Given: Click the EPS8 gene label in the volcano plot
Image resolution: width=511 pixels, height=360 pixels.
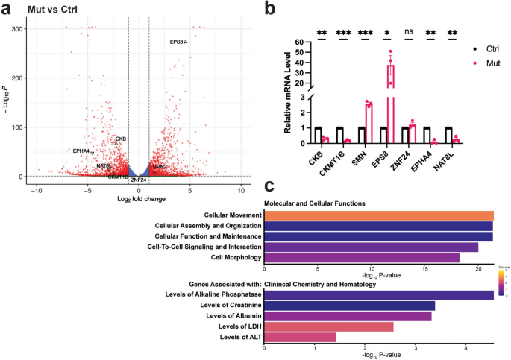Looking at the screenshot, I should [177, 42].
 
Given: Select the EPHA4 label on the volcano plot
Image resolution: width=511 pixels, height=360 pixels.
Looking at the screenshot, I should [81, 151].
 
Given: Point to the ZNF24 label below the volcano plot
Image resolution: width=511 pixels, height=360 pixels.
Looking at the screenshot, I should [139, 180].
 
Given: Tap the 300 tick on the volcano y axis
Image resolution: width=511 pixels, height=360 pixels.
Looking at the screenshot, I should [16, 29].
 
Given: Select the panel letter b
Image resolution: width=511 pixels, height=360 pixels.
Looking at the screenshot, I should [270, 10].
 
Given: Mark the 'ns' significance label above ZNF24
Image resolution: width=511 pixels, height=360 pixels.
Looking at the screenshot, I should [409, 31].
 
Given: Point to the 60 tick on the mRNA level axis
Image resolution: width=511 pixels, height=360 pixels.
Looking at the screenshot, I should [299, 42].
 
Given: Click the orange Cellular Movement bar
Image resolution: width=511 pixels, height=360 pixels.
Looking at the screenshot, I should [378, 215].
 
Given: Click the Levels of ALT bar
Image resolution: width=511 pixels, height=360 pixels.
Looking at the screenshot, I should [300, 337].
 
